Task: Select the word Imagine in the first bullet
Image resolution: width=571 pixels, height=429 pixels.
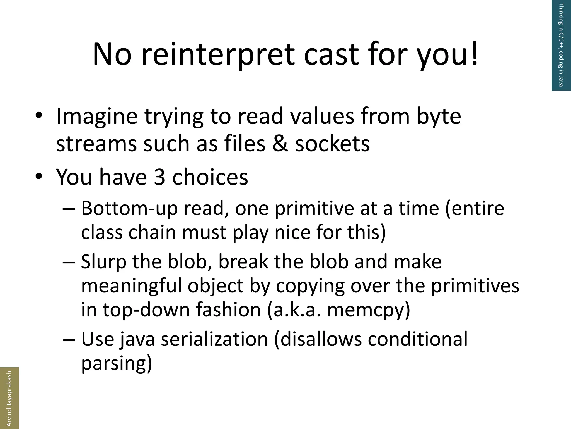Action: [97, 116]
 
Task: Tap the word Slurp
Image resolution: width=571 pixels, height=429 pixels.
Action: [103, 262]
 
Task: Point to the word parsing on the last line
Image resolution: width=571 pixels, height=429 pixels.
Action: [117, 363]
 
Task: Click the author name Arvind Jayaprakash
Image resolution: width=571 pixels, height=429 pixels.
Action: [9, 399]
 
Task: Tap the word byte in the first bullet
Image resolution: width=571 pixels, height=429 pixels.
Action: [439, 116]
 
